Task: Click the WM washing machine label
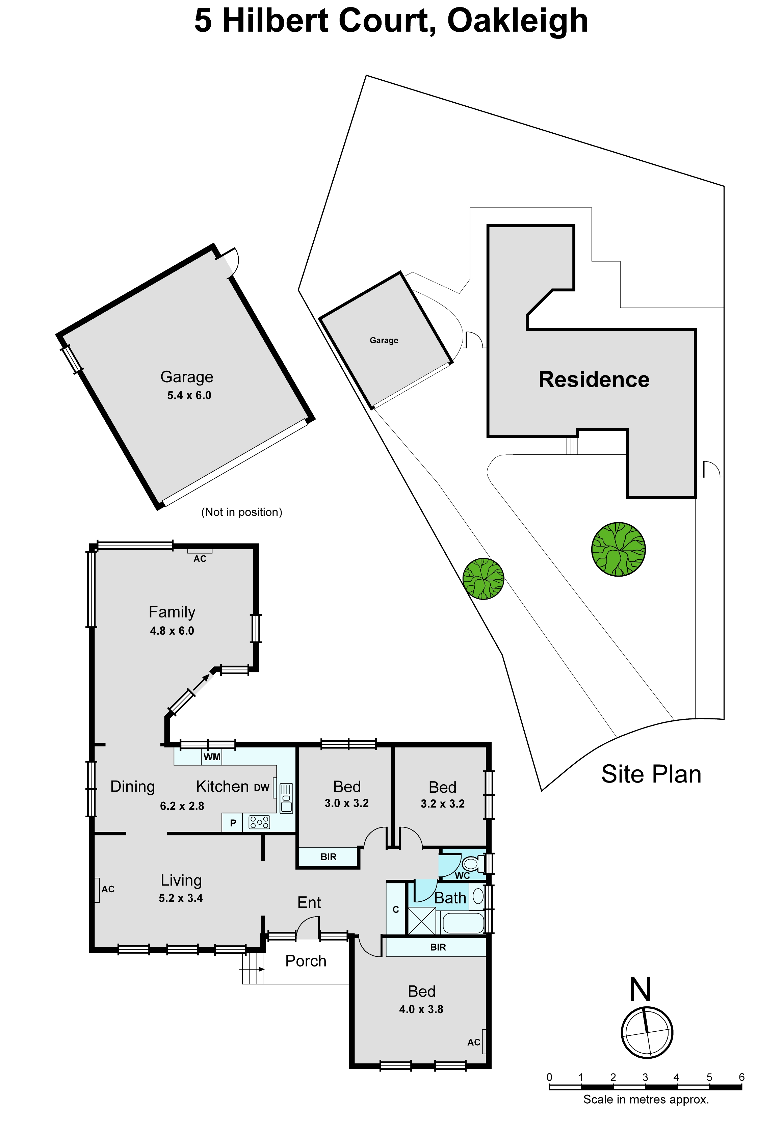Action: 212,757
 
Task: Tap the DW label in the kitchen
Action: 261,788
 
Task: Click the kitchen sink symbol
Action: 287,798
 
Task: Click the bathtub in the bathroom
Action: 463,923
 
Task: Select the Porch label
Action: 306,961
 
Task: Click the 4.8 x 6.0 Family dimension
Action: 172,631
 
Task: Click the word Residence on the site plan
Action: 594,380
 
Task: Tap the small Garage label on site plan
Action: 384,340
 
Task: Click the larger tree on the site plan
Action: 618,549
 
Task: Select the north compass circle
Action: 647,1033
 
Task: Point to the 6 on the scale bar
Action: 741,1077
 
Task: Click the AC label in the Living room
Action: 108,889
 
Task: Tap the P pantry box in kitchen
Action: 233,823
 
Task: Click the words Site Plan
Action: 651,774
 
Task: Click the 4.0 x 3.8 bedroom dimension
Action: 421,1009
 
